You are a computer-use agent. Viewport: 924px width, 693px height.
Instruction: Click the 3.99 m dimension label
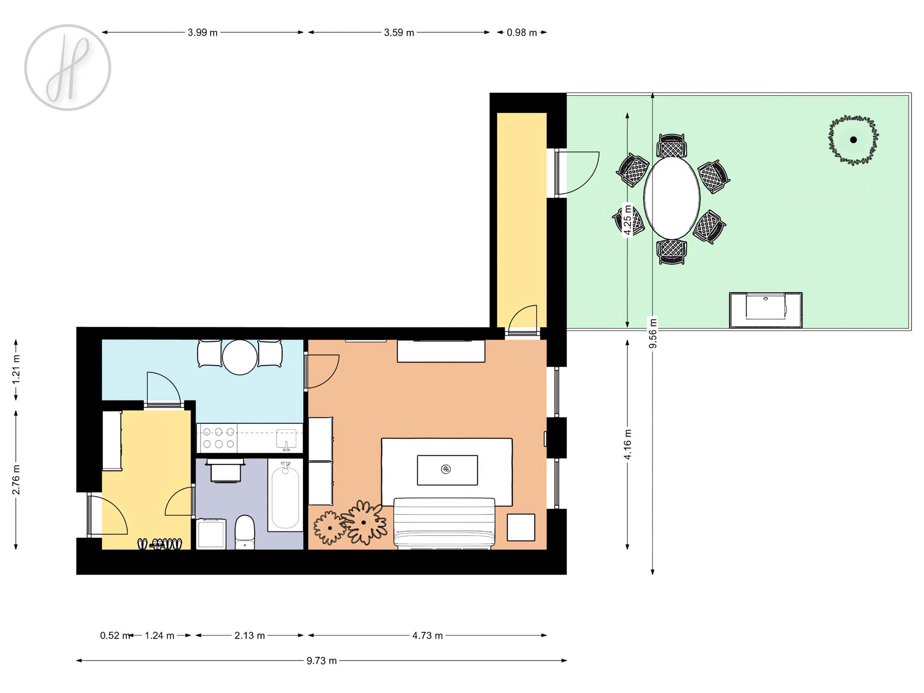tap(202, 32)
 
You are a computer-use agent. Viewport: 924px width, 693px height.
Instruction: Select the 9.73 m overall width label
tap(322, 661)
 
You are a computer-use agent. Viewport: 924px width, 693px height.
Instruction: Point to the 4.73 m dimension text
tap(427, 635)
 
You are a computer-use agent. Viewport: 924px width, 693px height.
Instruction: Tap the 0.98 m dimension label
tap(522, 32)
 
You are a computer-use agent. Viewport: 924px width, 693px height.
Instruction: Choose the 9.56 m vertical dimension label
tap(653, 333)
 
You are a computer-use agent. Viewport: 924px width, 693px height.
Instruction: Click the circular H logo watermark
tap(67, 67)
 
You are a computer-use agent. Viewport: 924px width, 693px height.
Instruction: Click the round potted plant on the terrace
tap(853, 140)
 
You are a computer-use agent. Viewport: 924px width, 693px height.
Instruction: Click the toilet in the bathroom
tap(245, 532)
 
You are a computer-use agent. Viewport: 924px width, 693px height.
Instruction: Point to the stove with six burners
tap(218, 438)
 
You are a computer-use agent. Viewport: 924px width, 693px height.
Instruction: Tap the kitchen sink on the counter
tap(286, 439)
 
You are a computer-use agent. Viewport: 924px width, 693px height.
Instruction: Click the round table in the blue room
tap(240, 357)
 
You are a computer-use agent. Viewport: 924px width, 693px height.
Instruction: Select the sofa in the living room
tap(444, 523)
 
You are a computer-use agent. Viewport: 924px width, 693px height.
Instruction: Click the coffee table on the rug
tap(447, 470)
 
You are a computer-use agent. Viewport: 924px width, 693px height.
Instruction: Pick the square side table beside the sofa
tap(521, 527)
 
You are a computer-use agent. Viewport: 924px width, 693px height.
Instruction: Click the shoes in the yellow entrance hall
tap(160, 544)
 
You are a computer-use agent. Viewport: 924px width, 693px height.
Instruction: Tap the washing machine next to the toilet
tap(211, 534)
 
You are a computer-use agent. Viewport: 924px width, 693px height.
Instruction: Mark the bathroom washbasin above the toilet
tap(225, 471)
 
